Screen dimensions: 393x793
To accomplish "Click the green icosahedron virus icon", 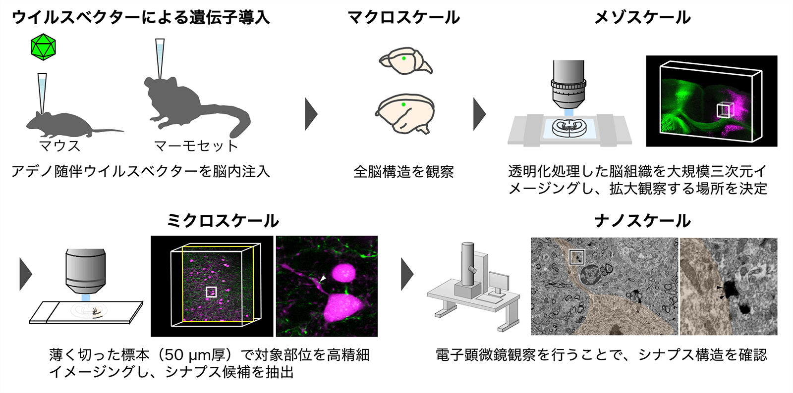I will point(43,47).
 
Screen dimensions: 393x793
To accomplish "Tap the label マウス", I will point(59,146).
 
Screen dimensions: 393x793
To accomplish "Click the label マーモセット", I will point(196,146).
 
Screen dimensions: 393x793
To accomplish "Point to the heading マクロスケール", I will point(404,17).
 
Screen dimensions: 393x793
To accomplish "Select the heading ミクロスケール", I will point(223,221).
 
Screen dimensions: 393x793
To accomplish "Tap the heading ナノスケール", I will point(642,221).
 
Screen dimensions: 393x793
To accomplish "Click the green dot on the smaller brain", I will point(403,58).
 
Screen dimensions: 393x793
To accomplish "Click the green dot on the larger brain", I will point(403,104).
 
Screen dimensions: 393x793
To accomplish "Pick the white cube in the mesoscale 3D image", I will point(724,110).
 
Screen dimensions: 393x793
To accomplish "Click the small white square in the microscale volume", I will point(212,292).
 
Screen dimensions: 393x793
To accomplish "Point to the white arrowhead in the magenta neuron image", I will point(323,279).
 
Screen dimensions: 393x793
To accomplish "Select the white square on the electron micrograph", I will point(576,257).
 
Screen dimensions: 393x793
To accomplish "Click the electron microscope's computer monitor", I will point(498,282).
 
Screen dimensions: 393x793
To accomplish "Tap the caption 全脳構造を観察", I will point(403,172).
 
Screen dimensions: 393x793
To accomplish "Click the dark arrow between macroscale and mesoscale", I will point(479,114).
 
